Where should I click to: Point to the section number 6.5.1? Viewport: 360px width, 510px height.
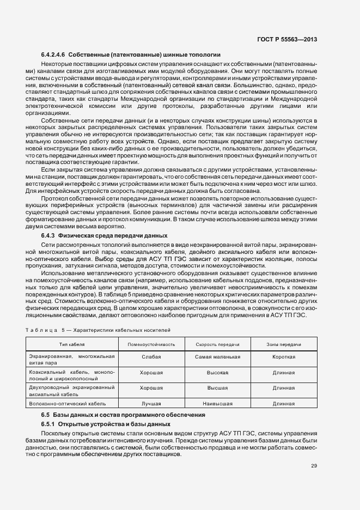click(49, 423)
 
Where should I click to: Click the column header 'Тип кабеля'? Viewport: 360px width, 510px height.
click(72, 345)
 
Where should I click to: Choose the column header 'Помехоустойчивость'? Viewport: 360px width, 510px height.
click(151, 345)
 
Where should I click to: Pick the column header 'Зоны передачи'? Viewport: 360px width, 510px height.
click(284, 345)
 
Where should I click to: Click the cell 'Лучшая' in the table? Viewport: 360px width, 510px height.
click(151, 404)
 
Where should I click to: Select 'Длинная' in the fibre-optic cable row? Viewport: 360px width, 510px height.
click(284, 404)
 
